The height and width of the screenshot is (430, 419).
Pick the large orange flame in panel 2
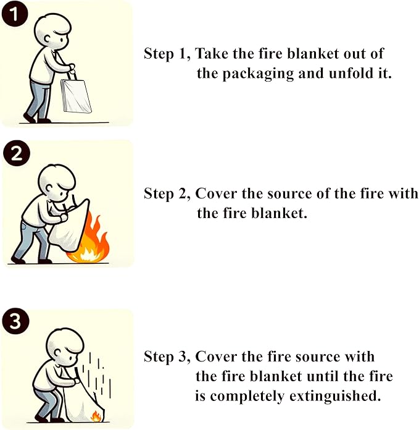[95, 240]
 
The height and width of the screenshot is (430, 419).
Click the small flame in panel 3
[96, 416]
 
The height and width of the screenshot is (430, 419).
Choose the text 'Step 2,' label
[167, 193]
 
